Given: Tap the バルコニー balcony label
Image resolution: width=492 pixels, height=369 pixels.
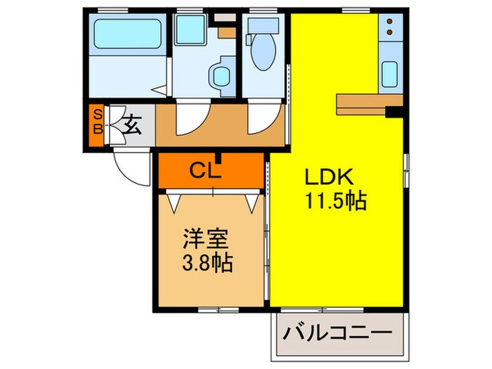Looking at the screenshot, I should coord(337,331).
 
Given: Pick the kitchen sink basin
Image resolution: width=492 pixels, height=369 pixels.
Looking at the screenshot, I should coord(389,75).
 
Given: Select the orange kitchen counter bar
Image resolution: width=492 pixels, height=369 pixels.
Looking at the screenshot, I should coord(365,103).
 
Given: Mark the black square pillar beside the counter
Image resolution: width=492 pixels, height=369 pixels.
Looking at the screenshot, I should coord(396,110).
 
